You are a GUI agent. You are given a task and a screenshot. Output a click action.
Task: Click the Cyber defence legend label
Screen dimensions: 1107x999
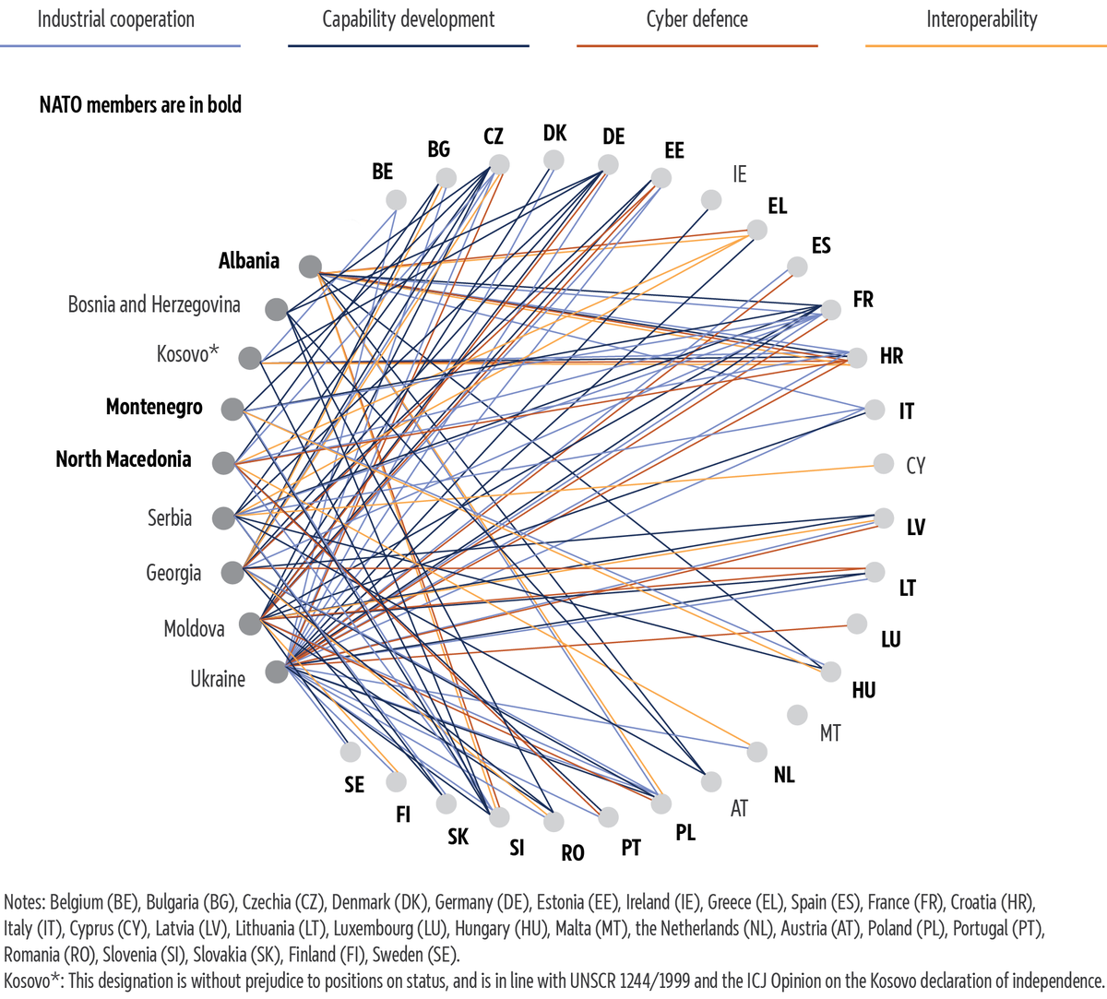(x=697, y=20)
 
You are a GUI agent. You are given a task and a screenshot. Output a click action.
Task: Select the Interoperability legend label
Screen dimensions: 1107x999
(x=982, y=20)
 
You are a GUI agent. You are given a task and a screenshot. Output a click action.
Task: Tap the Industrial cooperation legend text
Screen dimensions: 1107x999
(x=116, y=20)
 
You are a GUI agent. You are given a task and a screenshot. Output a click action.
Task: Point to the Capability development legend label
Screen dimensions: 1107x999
(x=409, y=20)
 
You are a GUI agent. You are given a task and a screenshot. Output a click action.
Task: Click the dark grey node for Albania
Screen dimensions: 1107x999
(x=310, y=267)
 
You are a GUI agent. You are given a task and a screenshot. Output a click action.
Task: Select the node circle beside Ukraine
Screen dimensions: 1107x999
(x=277, y=672)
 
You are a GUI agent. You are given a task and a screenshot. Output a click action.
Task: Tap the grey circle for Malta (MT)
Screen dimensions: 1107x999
(x=797, y=715)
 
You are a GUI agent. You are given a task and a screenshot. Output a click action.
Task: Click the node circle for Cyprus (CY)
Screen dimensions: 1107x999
(x=884, y=464)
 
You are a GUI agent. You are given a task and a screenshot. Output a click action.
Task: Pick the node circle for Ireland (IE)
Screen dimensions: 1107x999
(x=711, y=200)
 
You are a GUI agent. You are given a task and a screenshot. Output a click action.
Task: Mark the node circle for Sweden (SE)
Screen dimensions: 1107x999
(x=351, y=751)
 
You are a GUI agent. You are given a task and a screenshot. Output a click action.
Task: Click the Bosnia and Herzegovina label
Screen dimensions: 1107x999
(x=154, y=304)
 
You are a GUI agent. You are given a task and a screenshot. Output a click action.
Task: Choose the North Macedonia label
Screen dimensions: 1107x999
(x=124, y=459)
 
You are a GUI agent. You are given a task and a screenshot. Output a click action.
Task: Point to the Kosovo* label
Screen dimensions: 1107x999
(x=187, y=354)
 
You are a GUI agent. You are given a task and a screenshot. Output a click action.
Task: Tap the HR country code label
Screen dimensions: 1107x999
(x=891, y=357)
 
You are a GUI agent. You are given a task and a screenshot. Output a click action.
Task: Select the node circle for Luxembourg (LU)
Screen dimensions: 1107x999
(x=856, y=624)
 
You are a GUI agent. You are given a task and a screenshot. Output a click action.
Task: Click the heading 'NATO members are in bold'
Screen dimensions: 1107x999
(x=140, y=105)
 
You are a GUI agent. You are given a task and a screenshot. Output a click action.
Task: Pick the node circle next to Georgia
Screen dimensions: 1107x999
(x=232, y=572)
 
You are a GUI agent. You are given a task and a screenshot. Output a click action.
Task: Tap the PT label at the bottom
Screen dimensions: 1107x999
(x=631, y=847)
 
